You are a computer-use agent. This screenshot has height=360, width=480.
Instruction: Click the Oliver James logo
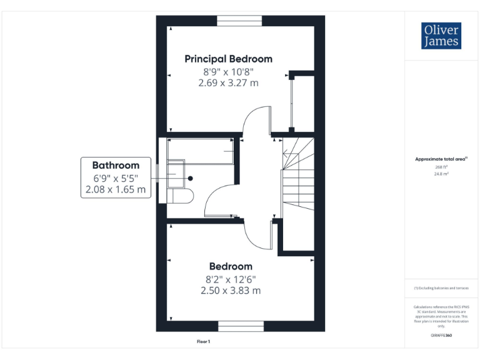tap(441, 36)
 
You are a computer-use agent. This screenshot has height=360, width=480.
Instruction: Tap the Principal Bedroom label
tap(228, 59)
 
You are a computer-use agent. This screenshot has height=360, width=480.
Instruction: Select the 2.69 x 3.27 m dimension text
tap(228, 82)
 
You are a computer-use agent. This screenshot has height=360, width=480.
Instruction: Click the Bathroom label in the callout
tap(116, 166)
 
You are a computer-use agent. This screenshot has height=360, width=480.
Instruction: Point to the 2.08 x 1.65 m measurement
tap(116, 189)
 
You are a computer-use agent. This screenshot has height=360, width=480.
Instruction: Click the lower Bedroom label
tap(231, 266)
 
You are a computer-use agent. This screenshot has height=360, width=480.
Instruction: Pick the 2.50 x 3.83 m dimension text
tap(231, 290)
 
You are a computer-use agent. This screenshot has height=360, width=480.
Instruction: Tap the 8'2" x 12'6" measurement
tap(231, 279)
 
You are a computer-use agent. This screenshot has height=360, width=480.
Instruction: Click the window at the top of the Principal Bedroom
tap(239, 21)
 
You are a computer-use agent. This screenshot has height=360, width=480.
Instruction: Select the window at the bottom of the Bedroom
tap(240, 326)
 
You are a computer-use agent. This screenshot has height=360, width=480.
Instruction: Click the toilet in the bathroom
tap(181, 196)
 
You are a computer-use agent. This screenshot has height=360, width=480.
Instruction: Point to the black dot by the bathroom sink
tap(191, 178)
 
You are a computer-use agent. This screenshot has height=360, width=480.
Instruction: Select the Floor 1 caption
tap(204, 342)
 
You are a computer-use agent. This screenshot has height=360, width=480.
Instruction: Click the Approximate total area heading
tap(441, 159)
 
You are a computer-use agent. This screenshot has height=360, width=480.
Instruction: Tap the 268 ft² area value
tap(441, 167)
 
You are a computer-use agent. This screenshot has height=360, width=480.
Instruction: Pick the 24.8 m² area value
tap(441, 174)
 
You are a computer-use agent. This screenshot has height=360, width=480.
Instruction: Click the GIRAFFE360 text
tap(441, 336)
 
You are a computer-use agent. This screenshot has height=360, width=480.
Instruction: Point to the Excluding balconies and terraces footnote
tap(441, 287)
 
